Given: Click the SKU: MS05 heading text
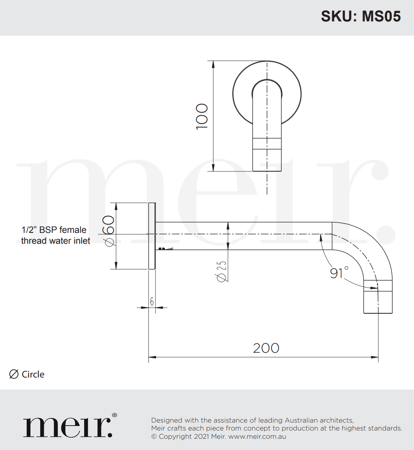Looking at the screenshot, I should [x=361, y=17].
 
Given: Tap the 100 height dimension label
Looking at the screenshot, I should [x=202, y=116].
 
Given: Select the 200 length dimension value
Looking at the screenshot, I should [x=266, y=348].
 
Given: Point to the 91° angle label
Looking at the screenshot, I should [x=339, y=273].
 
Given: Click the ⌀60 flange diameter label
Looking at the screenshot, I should [x=109, y=231].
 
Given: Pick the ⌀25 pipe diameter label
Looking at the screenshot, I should [x=221, y=271].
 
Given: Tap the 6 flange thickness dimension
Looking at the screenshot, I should [x=152, y=301].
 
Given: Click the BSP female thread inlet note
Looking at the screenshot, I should [x=55, y=235].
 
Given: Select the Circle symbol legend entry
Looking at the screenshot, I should [x=27, y=374].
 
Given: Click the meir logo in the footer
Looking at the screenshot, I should [x=68, y=427].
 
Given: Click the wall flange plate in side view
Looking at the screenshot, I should [x=152, y=236].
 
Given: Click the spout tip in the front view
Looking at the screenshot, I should [x=267, y=160].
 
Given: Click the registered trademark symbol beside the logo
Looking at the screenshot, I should [x=114, y=415].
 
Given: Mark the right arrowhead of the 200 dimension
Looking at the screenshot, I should [x=375, y=357].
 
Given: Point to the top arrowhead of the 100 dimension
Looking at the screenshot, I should [x=213, y=64].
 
